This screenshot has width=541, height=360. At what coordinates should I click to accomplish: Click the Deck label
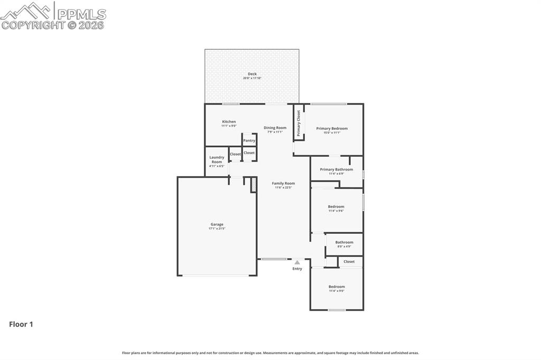point(252,74)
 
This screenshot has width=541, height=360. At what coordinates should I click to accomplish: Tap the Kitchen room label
point(229,122)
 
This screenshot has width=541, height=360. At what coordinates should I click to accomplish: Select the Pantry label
point(249,140)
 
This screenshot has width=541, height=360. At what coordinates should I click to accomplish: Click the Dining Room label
point(275,128)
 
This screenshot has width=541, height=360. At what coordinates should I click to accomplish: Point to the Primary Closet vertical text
point(299,123)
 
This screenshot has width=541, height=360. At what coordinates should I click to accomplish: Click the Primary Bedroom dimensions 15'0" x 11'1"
point(332,132)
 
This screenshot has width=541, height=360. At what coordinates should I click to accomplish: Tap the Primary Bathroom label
point(336,169)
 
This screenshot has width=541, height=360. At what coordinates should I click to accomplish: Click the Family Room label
point(283,183)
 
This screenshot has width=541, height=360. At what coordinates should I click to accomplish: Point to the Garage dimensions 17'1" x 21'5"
point(217,229)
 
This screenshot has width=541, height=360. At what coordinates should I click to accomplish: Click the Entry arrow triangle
point(297,262)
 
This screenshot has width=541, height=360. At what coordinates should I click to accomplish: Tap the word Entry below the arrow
point(297,269)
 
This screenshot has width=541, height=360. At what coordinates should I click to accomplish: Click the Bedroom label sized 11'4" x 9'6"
point(336,206)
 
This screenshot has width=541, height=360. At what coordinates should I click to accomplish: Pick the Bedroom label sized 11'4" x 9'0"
point(337,287)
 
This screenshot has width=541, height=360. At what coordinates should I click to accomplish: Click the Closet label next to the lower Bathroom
point(349,261)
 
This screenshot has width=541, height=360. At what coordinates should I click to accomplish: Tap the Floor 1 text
point(21,324)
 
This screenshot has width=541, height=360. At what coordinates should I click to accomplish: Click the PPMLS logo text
point(81,14)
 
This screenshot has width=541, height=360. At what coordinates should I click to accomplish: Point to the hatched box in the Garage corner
point(254,185)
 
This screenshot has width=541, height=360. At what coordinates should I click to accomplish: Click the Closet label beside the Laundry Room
point(235,155)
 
